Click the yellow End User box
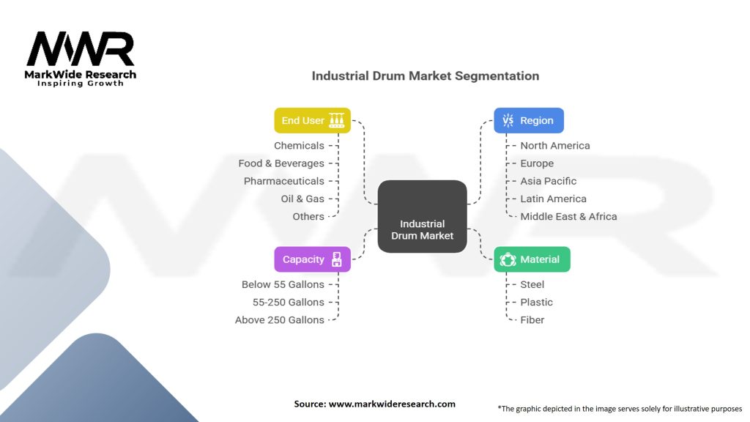pyautogui.click(x=312, y=121)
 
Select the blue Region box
pyautogui.click(x=528, y=121)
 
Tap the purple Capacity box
pyautogui.click(x=312, y=259)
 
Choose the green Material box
pyautogui.click(x=532, y=259)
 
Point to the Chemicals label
pyautogui.click(x=299, y=146)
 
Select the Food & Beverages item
pyautogui.click(x=281, y=163)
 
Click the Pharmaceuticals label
pyautogui.click(x=284, y=181)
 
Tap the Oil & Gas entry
pyautogui.click(x=302, y=199)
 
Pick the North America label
pyautogui.click(x=554, y=146)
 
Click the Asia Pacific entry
pyautogui.click(x=548, y=181)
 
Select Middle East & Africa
pyautogui.click(x=568, y=216)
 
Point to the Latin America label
pyautogui.click(x=553, y=199)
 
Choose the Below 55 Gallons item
pyautogui.click(x=283, y=284)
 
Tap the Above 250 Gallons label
pyautogui.click(x=280, y=319)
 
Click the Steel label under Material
pyautogui.click(x=532, y=284)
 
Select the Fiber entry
pyautogui.click(x=532, y=319)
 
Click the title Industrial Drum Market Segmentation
pyautogui.click(x=426, y=76)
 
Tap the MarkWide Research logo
pyautogui.click(x=81, y=59)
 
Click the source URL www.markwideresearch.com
pyautogui.click(x=392, y=404)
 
